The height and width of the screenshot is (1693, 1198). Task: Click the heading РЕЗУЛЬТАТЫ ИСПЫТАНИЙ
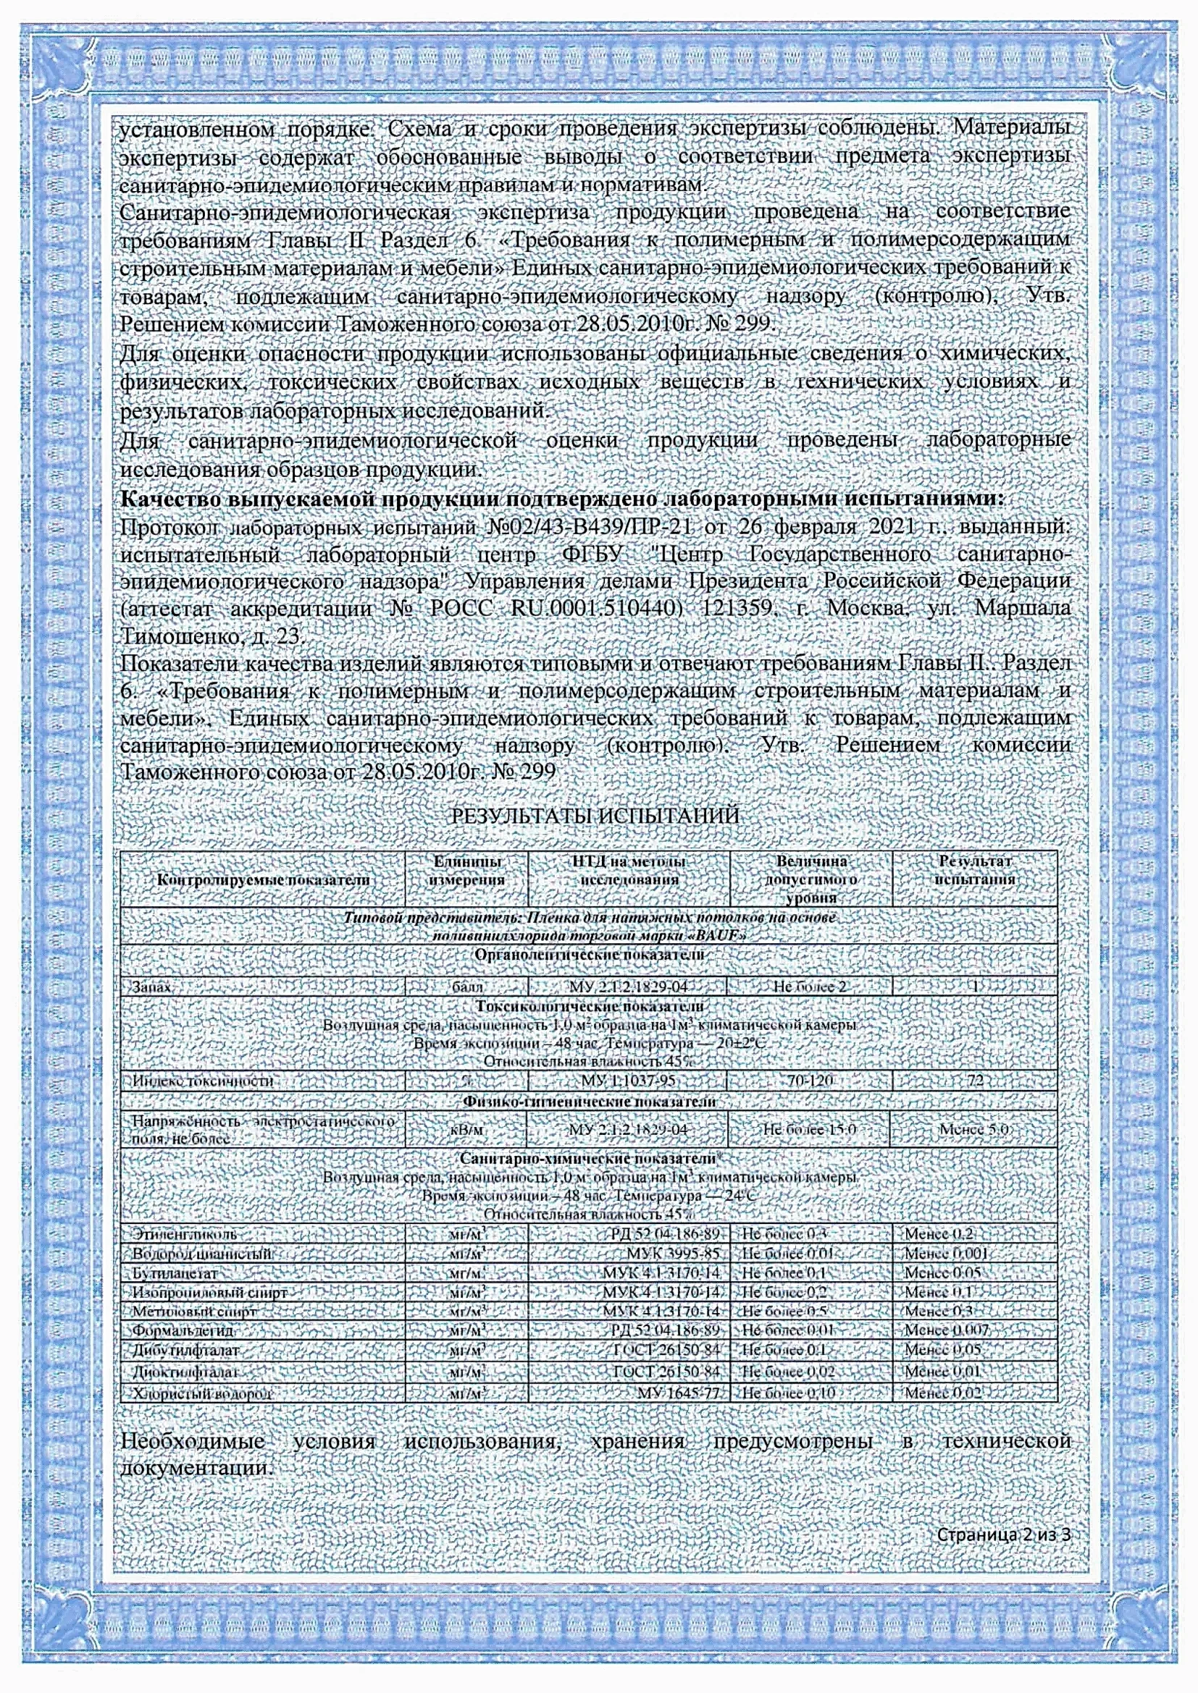click(595, 816)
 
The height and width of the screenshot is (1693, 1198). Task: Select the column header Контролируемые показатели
click(263, 879)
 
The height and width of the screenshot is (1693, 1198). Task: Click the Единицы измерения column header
click(468, 870)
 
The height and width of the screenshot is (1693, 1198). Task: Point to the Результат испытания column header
click(974, 870)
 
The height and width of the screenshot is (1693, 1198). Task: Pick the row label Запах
click(152, 987)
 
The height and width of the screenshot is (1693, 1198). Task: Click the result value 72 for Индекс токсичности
click(974, 1081)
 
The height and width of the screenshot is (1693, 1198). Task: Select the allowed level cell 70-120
click(809, 1081)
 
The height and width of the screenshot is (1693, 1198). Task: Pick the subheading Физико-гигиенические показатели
click(590, 1102)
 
